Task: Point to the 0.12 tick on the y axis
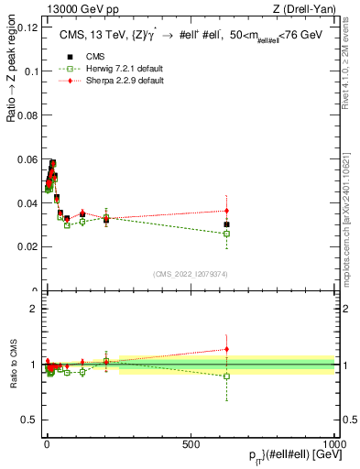pos(26,27)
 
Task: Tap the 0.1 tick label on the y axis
pos(29,71)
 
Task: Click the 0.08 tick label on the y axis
pos(26,115)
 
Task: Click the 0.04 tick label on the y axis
pos(26,202)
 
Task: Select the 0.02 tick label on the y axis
pos(26,246)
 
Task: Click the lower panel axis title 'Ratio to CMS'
pos(14,364)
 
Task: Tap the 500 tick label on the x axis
pos(191,442)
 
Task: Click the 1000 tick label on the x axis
pos(334,442)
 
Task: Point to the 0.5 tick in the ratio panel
pos(29,420)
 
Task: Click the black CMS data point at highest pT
pos(226,224)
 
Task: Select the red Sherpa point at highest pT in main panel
pos(226,211)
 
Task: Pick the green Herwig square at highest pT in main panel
pos(226,234)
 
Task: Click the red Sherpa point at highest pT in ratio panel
pos(226,349)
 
